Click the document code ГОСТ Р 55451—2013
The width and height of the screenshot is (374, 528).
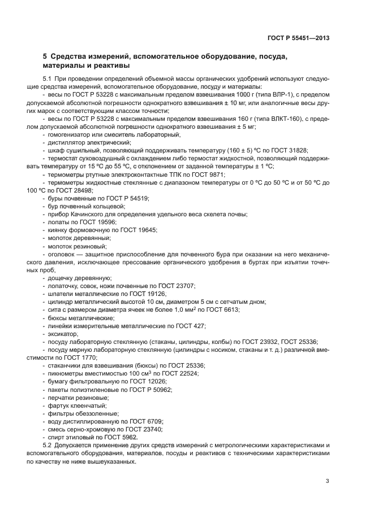298,38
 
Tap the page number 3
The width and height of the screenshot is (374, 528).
327,481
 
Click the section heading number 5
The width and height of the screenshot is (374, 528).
45,56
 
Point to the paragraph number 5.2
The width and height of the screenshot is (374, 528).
48,446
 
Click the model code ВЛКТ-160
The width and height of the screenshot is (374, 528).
283,119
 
